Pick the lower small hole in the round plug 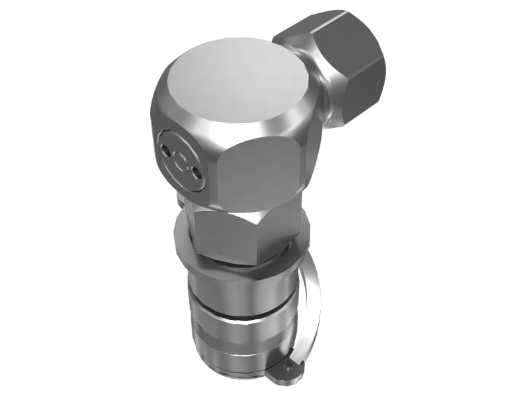click(194, 175)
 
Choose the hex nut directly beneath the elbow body click(231, 234)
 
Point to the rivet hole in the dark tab click(289, 365)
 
